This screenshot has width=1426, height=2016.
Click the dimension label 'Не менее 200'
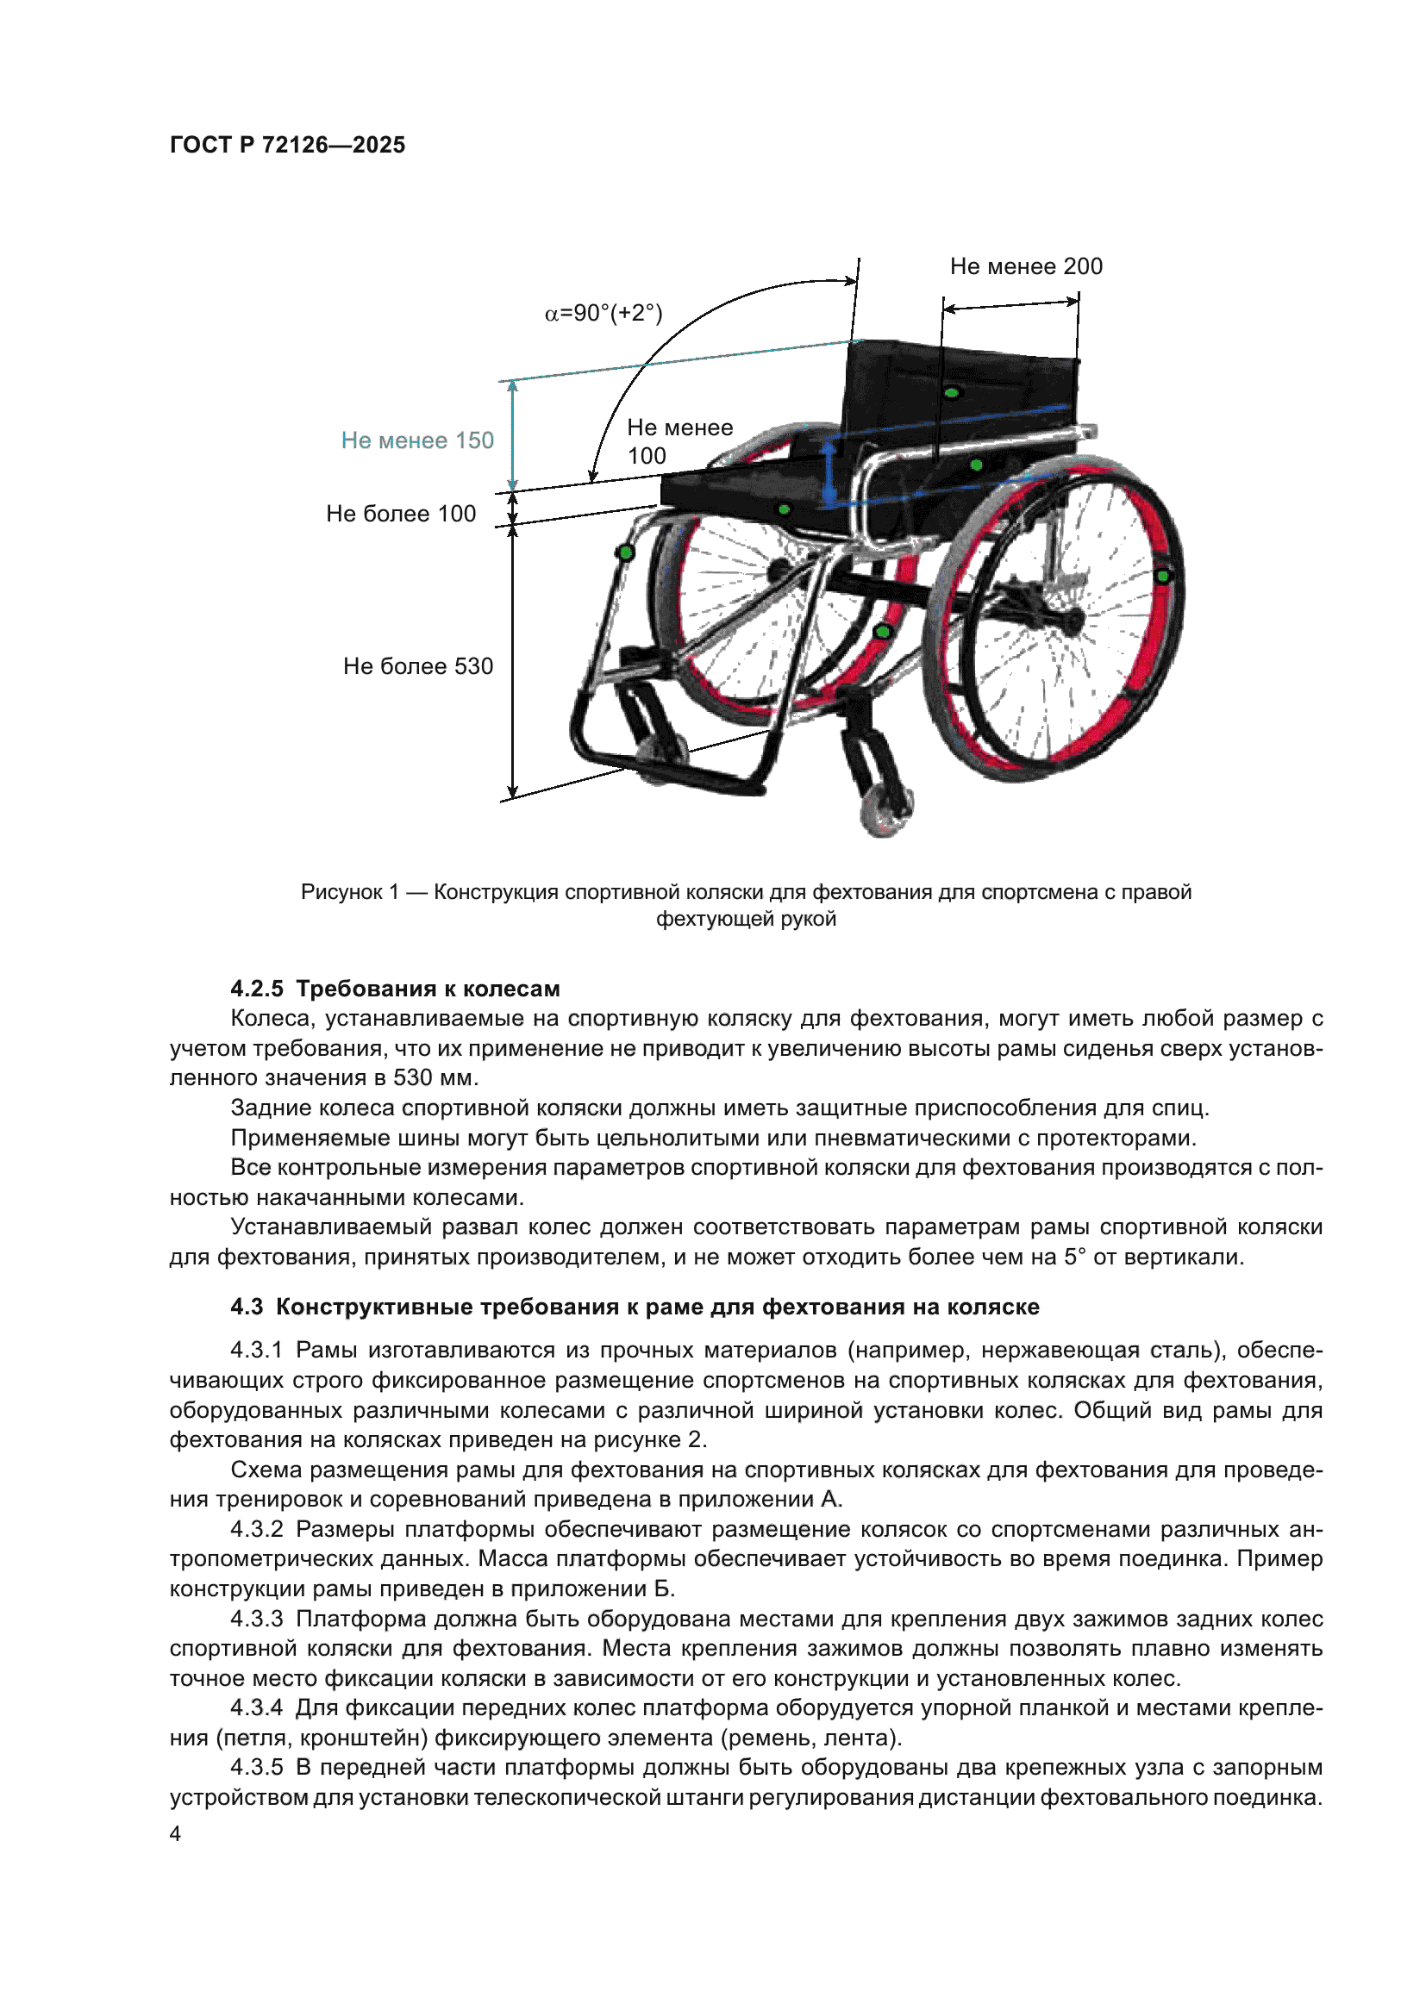coord(1026,266)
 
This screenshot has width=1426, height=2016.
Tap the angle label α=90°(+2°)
coord(604,313)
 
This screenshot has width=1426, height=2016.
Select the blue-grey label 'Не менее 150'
coord(417,440)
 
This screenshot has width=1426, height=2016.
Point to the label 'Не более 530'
coord(418,666)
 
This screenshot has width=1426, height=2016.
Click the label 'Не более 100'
coord(401,514)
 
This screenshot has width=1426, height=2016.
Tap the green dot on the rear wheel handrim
coord(1162,576)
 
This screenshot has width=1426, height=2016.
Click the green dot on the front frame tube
coord(625,552)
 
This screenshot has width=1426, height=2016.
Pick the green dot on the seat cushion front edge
coord(784,509)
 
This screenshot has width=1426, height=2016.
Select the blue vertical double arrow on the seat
coord(828,474)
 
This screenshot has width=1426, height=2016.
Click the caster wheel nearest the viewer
coord(884,810)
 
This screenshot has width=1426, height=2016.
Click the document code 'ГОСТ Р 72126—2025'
coord(288,145)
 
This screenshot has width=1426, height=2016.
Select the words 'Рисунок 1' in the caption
coord(349,892)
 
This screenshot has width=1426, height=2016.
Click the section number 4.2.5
coord(257,989)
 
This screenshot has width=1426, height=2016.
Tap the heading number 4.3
coord(247,1307)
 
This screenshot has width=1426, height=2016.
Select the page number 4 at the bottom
coord(176,1833)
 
